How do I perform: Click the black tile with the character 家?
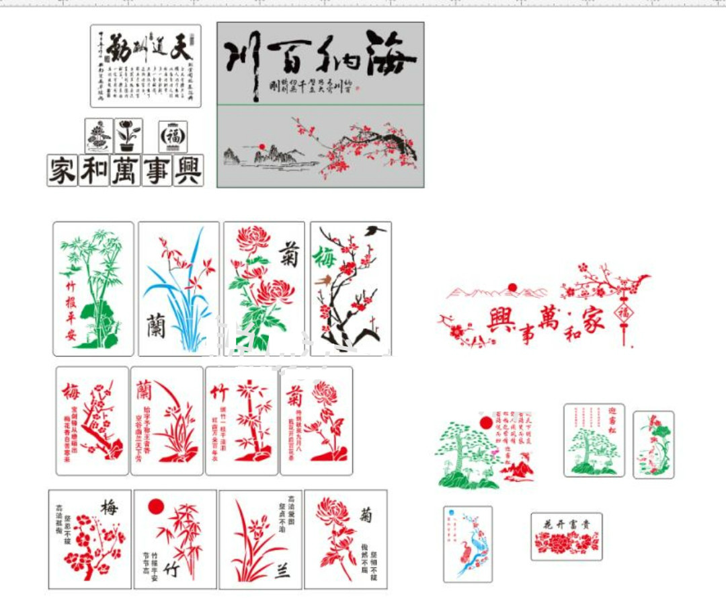[62, 170]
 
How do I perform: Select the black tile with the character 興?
[188, 170]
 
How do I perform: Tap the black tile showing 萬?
[125, 170]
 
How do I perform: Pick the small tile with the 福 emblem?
[173, 136]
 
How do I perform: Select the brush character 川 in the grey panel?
[242, 61]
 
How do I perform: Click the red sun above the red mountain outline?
[512, 288]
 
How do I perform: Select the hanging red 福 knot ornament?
[624, 313]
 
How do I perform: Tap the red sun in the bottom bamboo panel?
[156, 506]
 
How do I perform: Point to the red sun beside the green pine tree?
[486, 423]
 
